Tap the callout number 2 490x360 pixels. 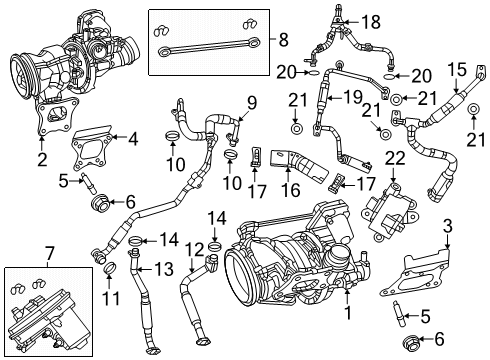[x=42, y=159]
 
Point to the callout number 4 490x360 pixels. [x=130, y=139]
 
